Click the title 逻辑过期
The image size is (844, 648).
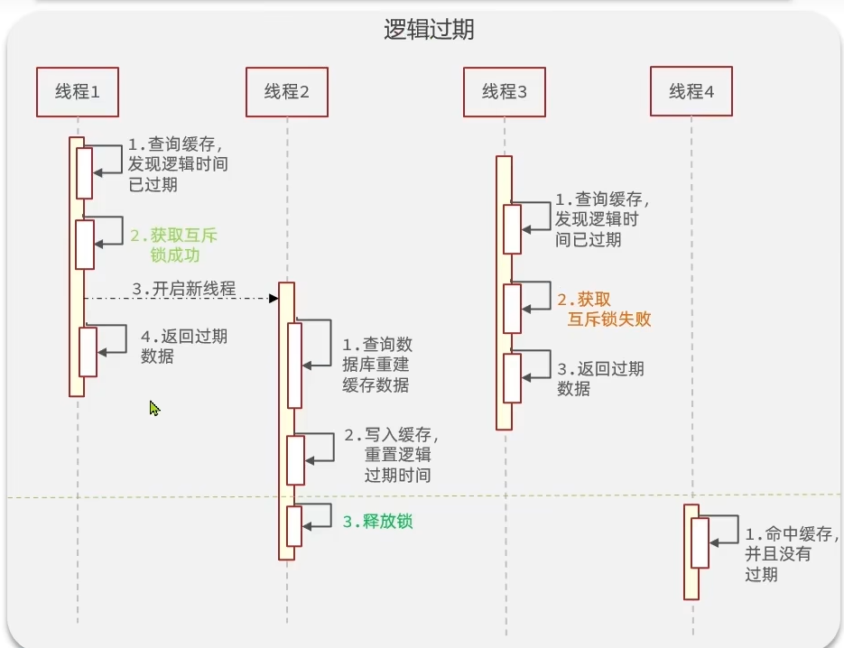(429, 30)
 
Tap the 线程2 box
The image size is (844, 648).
(287, 91)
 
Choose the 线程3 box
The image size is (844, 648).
(505, 91)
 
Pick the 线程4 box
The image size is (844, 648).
(691, 91)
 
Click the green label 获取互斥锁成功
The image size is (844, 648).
(173, 245)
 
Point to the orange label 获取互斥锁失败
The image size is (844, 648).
(604, 309)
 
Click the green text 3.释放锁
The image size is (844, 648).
(377, 522)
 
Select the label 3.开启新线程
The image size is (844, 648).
(184, 289)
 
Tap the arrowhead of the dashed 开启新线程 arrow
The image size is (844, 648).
(273, 298)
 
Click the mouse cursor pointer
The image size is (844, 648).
(154, 409)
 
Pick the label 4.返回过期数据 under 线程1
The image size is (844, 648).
(183, 346)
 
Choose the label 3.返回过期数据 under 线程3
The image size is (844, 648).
(599, 378)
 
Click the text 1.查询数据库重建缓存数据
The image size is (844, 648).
(376, 365)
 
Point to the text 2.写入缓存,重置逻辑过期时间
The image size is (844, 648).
(390, 455)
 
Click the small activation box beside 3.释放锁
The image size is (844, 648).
(294, 526)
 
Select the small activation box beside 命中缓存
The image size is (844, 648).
(700, 542)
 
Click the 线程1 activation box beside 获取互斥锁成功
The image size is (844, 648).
(85, 244)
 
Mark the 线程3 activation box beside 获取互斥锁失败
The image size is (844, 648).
(513, 309)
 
